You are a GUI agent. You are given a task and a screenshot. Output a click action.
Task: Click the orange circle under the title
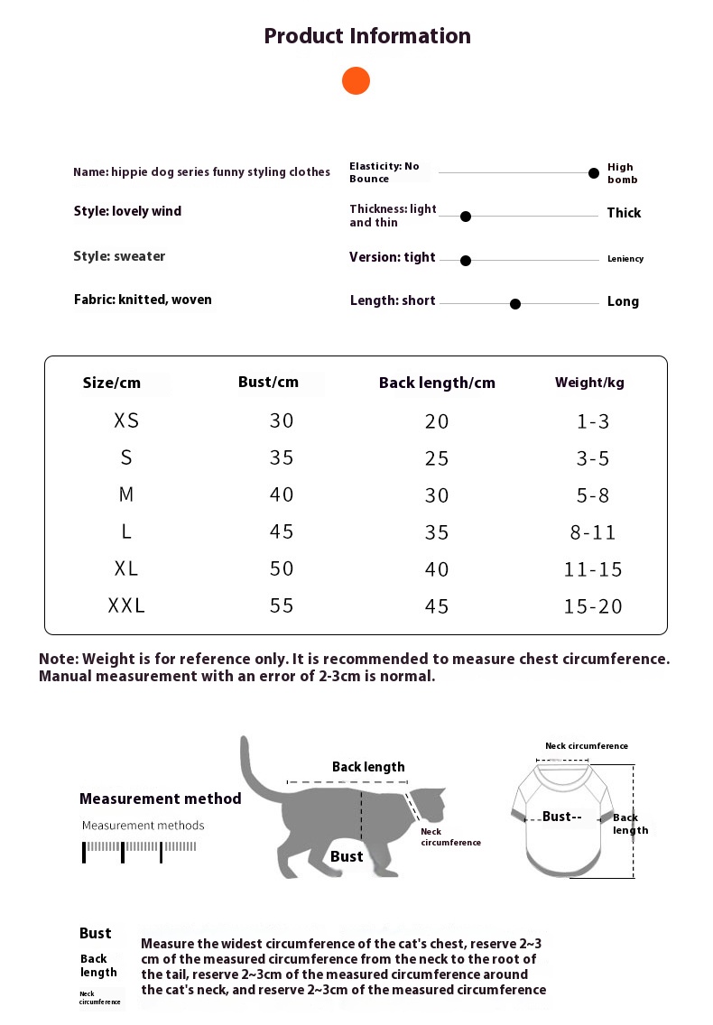356,80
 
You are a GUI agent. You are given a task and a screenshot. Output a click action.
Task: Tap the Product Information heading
367,36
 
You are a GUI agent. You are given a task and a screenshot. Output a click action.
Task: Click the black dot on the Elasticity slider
594,172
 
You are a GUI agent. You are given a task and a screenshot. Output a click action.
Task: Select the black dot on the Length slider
515,304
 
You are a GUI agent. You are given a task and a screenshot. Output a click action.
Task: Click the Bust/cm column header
268,382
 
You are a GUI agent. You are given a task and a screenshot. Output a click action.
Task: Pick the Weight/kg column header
589,383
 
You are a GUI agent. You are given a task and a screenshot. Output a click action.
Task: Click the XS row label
126,420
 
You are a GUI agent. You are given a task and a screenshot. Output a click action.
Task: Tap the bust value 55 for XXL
282,605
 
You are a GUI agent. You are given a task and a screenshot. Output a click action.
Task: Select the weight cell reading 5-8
593,494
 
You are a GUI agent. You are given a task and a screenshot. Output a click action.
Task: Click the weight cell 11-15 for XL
593,569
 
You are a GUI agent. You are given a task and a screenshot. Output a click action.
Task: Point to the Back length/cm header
437,383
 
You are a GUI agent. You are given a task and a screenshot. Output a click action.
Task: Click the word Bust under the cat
347,856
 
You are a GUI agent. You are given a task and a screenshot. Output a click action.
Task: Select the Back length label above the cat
368,767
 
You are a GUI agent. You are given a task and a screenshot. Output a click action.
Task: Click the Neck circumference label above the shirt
587,746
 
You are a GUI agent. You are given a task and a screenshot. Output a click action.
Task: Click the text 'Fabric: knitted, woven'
143,300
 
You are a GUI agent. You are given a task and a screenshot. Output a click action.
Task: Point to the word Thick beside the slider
624,213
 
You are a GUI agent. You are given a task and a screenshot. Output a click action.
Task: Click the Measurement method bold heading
161,799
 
